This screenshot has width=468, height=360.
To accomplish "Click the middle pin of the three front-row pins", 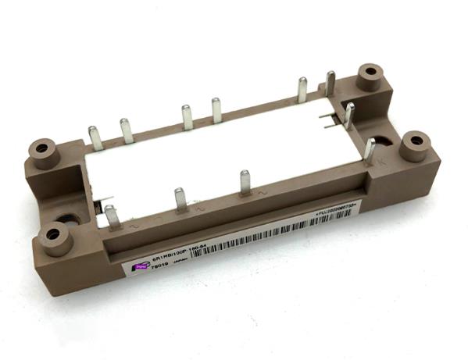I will (x=180, y=198).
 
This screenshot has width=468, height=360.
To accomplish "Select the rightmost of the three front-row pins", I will (x=245, y=182).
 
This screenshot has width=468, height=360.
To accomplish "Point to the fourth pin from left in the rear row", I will (x=216, y=110).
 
